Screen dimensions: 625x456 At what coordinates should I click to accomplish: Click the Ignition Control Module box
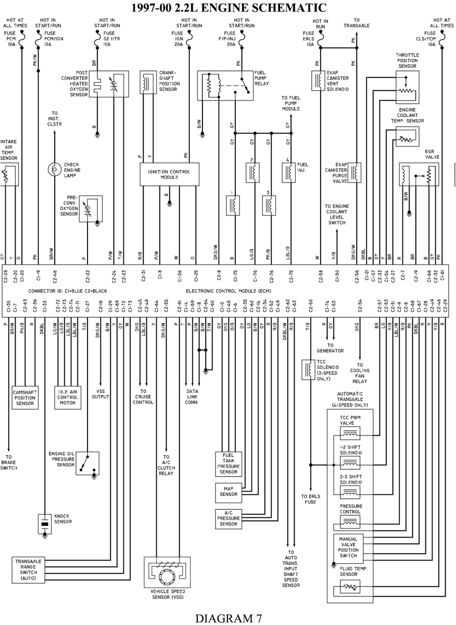click(169, 174)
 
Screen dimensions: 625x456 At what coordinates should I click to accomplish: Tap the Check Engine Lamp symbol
click(55, 169)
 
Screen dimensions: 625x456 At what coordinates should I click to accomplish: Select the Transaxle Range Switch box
click(28, 569)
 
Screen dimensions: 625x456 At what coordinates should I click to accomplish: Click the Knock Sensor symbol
click(45, 523)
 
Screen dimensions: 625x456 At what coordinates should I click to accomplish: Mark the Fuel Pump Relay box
click(225, 85)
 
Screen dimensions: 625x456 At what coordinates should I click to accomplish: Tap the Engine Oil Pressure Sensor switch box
click(87, 463)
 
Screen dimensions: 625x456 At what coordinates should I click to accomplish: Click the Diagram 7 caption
click(228, 618)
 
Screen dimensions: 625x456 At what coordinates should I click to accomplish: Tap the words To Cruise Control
click(143, 396)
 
